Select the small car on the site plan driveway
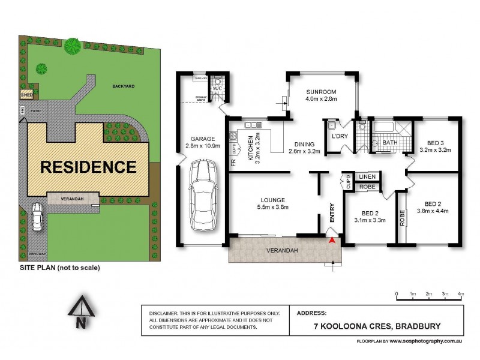pyautogui.click(x=37, y=217)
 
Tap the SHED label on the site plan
pyautogui.click(x=26, y=94)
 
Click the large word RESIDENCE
pyautogui.click(x=88, y=166)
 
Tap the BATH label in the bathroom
pyautogui.click(x=390, y=143)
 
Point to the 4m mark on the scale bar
pyautogui.click(x=461, y=293)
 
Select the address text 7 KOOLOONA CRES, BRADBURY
pyautogui.click(x=373, y=326)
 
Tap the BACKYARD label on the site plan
pyautogui.click(x=123, y=86)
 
